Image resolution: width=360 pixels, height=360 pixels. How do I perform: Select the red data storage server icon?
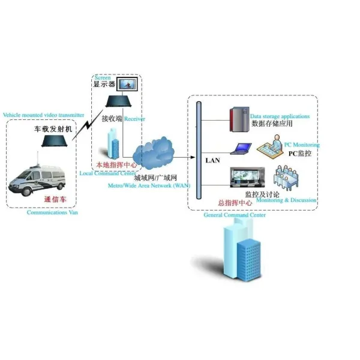[239, 118]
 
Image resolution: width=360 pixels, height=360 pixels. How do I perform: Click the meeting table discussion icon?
[287, 178]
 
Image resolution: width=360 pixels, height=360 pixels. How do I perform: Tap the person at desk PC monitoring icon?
[272, 146]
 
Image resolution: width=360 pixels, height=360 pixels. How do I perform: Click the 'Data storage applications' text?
[280, 116]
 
